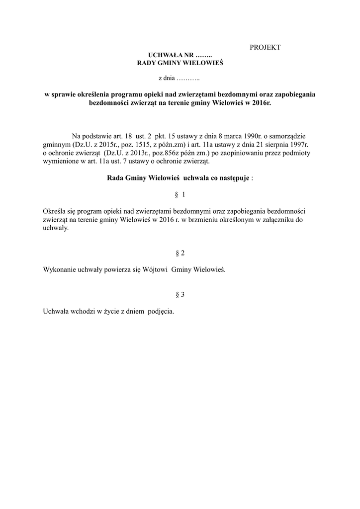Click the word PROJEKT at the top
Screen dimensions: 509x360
coord(265,47)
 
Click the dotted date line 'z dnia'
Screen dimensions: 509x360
coord(179,78)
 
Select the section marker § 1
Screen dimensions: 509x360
coord(180,194)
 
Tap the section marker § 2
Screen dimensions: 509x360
coord(180,253)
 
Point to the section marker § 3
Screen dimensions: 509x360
coord(180,295)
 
